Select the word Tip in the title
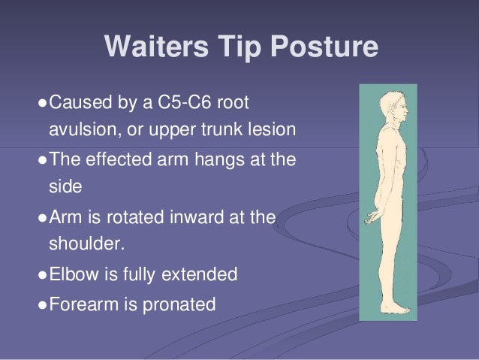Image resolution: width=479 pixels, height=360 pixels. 241,48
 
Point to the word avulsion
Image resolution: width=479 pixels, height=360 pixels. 78,130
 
